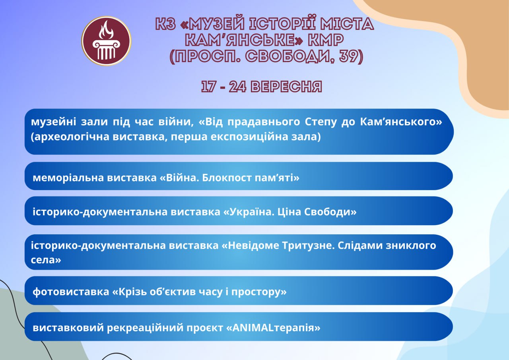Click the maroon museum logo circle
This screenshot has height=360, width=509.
click(x=106, y=41)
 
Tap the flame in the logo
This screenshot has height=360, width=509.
click(x=106, y=30)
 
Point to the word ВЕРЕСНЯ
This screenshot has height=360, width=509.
click(x=286, y=86)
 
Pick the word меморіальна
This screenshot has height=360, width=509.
click(x=68, y=178)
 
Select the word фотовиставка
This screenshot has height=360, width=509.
click(x=71, y=292)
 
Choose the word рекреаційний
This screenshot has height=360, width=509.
click(x=145, y=328)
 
